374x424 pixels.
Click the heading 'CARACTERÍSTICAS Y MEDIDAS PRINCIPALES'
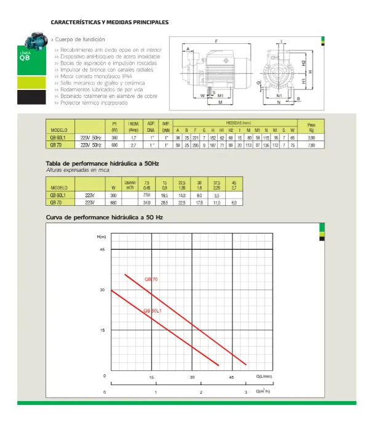pos(109,22)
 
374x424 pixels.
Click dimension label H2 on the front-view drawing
pos(304,62)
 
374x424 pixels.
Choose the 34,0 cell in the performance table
pos(129,202)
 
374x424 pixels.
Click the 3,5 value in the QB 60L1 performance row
pos(217,194)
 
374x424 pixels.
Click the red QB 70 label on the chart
pos(151,279)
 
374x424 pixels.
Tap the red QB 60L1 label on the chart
pos(153,310)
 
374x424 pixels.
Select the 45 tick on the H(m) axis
pos(103,249)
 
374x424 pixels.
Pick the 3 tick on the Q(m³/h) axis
pos(245,392)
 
